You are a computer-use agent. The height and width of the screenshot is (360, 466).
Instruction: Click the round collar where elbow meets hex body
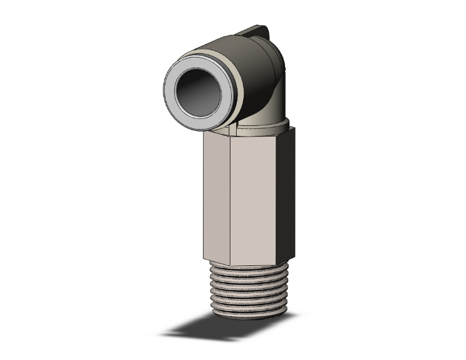click(x=263, y=125)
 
